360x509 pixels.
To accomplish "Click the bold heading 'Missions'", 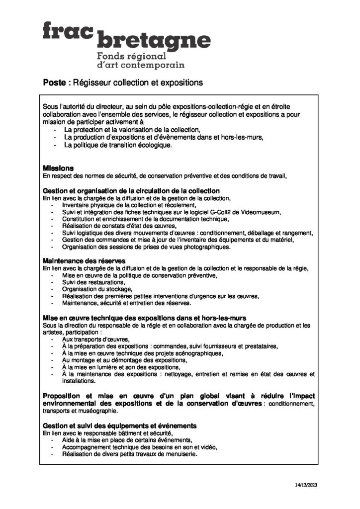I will pos(58,168).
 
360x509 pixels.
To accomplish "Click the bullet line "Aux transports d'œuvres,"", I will pos(88,339).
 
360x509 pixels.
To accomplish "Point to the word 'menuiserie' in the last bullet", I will pos(180,454).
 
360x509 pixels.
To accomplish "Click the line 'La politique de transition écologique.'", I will pos(118,145).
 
